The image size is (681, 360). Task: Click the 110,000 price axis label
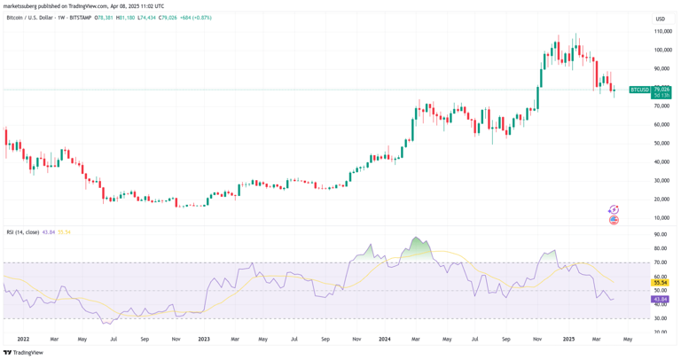661,31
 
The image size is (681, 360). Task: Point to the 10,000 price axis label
661,217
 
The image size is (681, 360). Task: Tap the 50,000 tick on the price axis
661,143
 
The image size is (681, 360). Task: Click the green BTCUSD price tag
639,90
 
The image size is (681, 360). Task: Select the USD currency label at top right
660,19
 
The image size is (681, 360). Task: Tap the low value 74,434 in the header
146,18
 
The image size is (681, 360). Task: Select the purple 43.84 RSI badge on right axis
661,299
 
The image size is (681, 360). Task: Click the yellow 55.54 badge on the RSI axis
661,283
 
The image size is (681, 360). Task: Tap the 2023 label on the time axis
203,339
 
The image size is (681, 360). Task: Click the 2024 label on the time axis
384,339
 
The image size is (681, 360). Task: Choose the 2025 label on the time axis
568,339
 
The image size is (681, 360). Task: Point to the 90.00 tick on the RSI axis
660,234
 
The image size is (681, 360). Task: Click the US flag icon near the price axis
614,220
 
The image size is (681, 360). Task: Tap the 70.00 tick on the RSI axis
660,262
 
